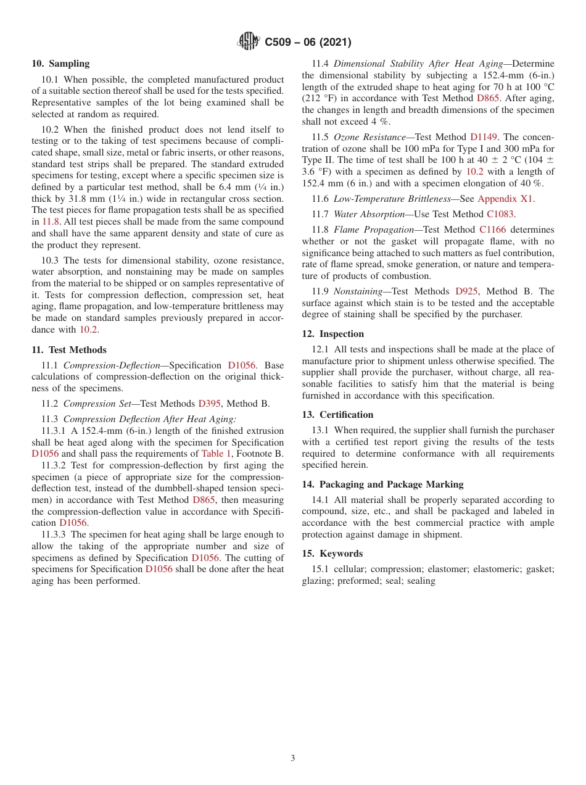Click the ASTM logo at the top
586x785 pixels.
click(249, 41)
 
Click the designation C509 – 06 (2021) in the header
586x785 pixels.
click(308, 42)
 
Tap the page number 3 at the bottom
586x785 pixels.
click(293, 758)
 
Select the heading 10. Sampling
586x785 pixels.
click(60, 64)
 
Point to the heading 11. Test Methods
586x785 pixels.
click(69, 350)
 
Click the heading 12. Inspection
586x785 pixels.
click(332, 334)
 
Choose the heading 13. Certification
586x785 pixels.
click(337, 415)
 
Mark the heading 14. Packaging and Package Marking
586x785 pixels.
click(382, 484)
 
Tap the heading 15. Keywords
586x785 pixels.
click(332, 554)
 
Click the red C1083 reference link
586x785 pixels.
click(500, 214)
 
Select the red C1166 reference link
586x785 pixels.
click(492, 230)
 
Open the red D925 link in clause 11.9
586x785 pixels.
click(466, 291)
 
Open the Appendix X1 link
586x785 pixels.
click(505, 199)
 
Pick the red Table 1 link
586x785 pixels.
click(217, 454)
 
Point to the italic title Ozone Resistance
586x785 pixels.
click(369, 137)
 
